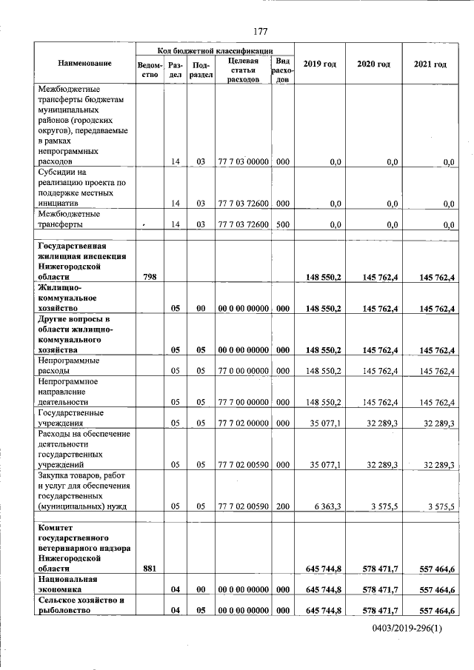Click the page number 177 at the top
[260, 31]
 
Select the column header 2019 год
[320, 64]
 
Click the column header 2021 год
[430, 64]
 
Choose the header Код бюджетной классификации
[215, 49]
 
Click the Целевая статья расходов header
[243, 70]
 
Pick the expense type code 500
[282, 224]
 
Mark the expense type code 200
[282, 506]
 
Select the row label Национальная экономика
[68, 584]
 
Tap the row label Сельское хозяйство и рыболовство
[79, 605]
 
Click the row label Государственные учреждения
[70, 418]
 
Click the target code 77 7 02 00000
[243, 423]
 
